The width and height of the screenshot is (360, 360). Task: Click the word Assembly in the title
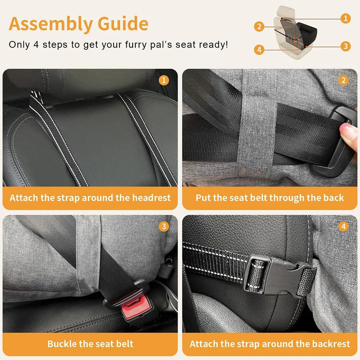coord(51,24)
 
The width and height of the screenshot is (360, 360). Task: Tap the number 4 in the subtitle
coord(36,45)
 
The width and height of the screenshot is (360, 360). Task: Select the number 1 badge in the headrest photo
coord(164,80)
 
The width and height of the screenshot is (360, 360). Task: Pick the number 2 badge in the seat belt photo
coord(343,80)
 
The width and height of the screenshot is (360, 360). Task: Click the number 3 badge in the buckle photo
coord(164,226)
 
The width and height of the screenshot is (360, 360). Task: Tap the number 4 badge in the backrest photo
coord(343,226)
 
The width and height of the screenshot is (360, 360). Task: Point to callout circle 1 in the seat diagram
coord(346,18)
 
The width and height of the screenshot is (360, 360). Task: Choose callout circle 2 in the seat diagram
coord(259,27)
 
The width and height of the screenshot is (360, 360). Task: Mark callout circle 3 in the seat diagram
coord(346,46)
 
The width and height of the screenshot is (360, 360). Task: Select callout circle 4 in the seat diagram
coord(259,50)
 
